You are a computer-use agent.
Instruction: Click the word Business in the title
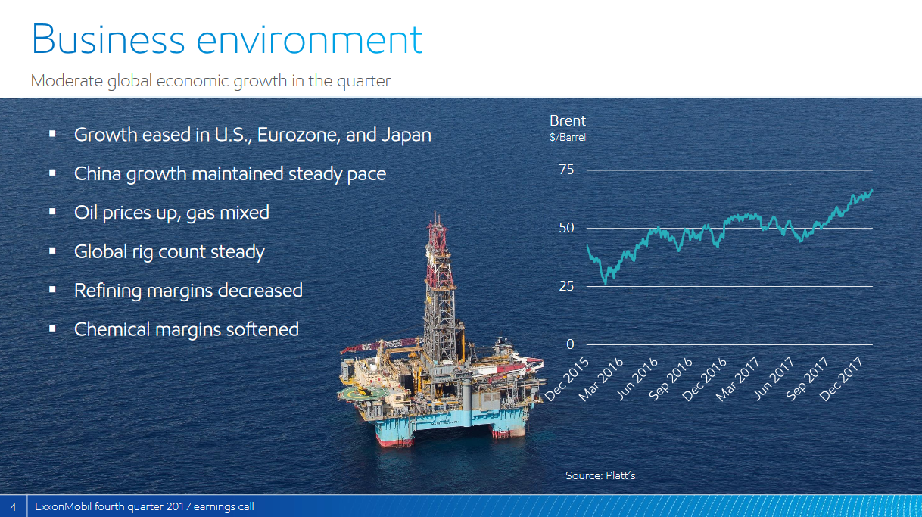(x=108, y=39)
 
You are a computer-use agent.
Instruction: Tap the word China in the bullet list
(x=98, y=173)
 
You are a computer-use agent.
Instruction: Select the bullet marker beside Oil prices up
(x=52, y=212)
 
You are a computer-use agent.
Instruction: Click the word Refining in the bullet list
(x=107, y=291)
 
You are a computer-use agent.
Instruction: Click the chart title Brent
(x=568, y=120)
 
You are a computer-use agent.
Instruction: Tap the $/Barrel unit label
(x=568, y=137)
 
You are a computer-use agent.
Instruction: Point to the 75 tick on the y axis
(x=566, y=169)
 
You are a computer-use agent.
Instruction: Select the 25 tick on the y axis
(x=566, y=285)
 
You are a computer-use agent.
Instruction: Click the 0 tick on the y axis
(x=570, y=344)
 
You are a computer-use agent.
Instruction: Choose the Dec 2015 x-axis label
(x=567, y=379)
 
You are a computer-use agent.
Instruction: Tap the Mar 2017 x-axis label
(x=737, y=379)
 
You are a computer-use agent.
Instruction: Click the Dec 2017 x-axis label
(x=841, y=379)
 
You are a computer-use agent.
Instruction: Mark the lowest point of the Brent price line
(x=606, y=284)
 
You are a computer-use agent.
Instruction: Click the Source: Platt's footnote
(x=600, y=475)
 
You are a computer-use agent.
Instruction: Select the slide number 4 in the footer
(x=13, y=506)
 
